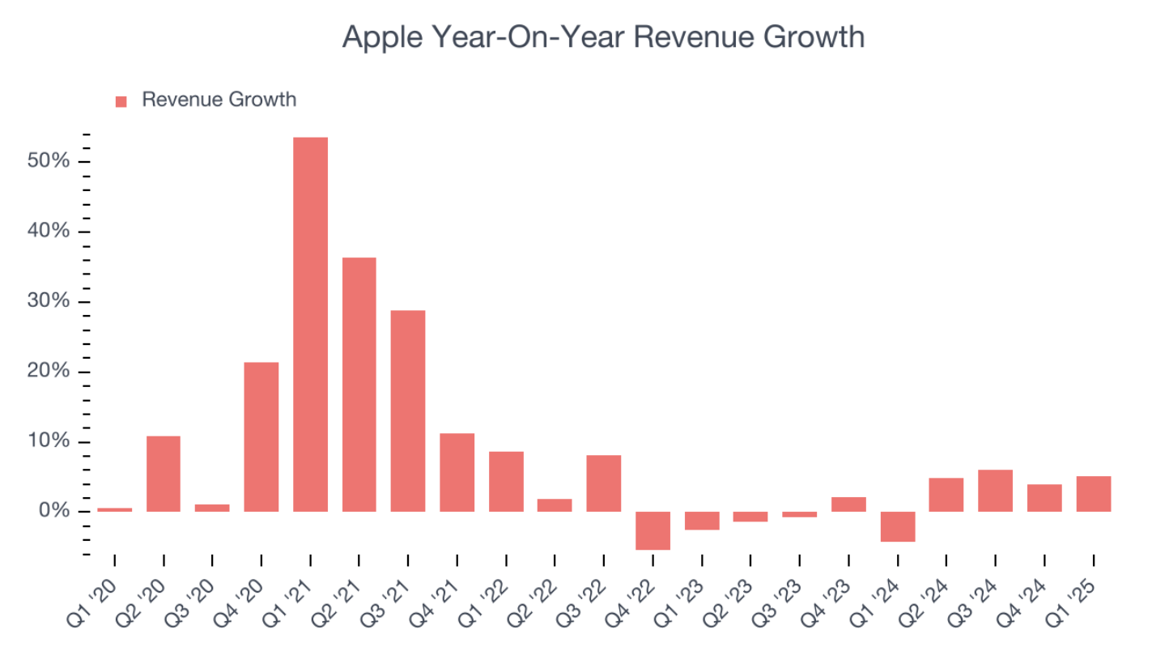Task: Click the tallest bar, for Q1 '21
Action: [x=310, y=324]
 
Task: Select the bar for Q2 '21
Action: [x=359, y=384]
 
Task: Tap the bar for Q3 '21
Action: [x=408, y=411]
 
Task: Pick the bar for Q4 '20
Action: [x=261, y=436]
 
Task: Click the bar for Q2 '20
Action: [x=164, y=474]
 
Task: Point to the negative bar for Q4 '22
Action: [x=653, y=530]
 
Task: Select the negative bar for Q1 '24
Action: [x=898, y=526]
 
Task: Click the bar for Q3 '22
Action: [x=604, y=483]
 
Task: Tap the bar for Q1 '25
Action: [x=1093, y=494]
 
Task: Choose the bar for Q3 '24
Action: [x=995, y=491]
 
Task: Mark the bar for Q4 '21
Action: [x=457, y=472]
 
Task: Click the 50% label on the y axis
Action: [x=48, y=162]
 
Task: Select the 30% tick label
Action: [x=48, y=302]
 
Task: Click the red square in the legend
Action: [x=121, y=101]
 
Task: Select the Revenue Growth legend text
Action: [x=219, y=100]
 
